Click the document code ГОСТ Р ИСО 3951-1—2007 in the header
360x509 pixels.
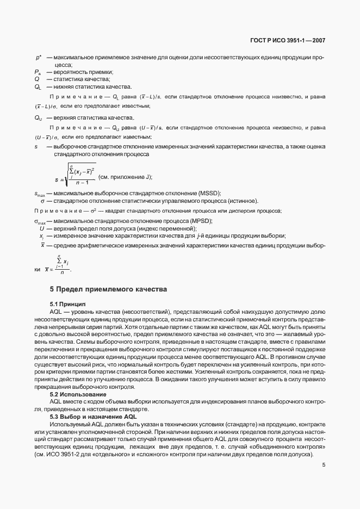point(288,40)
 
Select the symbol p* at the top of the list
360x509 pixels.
point(39,57)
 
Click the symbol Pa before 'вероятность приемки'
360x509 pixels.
point(38,72)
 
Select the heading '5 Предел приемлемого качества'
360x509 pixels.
point(108,289)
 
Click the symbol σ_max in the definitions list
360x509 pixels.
point(40,221)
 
